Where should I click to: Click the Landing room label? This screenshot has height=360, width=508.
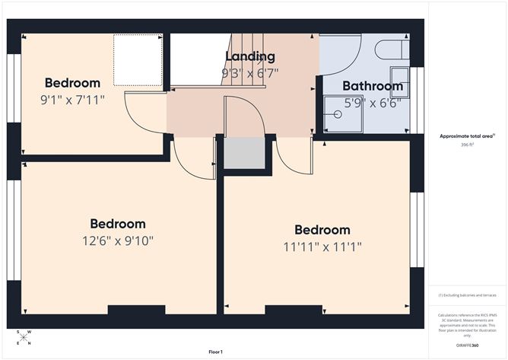[250, 56]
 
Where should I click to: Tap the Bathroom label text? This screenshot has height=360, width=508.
[372, 86]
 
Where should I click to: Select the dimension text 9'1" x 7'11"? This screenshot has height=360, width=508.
[74, 100]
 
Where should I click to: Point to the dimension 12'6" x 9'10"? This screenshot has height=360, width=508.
[117, 241]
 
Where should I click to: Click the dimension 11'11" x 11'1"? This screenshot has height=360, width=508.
[322, 247]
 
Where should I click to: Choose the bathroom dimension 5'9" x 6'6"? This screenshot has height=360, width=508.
[373, 104]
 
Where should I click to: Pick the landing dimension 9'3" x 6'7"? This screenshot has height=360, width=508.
[250, 74]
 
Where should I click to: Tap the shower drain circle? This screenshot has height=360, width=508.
[337, 114]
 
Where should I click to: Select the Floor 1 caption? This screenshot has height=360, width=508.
[215, 352]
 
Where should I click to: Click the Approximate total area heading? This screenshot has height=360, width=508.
[467, 135]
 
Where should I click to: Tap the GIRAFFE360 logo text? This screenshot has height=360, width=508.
[467, 345]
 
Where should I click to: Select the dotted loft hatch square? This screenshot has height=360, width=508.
[138, 59]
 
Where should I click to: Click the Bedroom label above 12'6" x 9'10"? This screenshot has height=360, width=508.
[117, 224]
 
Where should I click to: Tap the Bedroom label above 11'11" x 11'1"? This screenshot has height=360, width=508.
[322, 230]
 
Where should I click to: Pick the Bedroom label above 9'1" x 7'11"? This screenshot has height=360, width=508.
[72, 83]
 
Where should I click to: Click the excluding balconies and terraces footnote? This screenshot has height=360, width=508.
[466, 295]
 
